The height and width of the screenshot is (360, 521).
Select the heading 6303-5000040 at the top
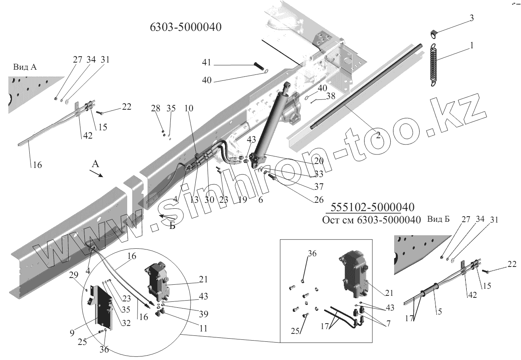click(x=185, y=28)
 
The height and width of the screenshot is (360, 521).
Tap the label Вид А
click(x=25, y=67)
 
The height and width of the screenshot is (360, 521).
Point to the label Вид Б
click(x=439, y=219)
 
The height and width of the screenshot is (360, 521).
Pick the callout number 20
click(x=318, y=160)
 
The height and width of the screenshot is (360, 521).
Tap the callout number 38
click(x=330, y=95)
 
